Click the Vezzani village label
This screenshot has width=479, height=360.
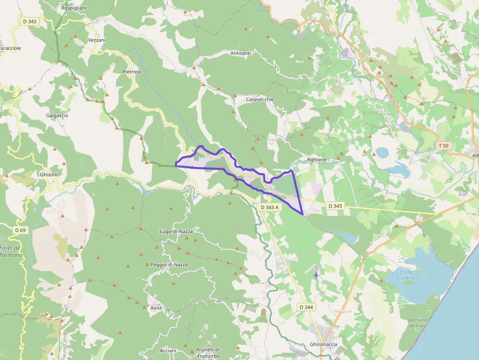[x=97, y=40]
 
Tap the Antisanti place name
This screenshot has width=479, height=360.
[x=240, y=53]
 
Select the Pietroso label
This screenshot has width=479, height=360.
[x=131, y=71]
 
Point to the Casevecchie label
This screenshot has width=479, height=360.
[x=260, y=99]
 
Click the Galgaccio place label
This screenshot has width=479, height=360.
[x=57, y=115]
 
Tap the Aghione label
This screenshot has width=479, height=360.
[x=316, y=159]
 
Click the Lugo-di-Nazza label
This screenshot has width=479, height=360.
[x=176, y=231]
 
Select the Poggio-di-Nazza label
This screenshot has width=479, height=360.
[x=169, y=264]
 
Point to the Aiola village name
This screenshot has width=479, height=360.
[x=156, y=308]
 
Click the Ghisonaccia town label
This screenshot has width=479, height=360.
[x=324, y=344]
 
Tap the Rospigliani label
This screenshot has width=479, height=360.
[x=74, y=8]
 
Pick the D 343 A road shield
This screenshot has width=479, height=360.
[x=269, y=207]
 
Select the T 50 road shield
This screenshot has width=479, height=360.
[x=443, y=146]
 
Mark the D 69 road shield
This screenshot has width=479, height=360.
[x=20, y=230]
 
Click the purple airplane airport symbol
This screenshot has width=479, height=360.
[x=316, y=274]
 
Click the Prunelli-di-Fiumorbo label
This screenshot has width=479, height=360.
[x=209, y=352]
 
